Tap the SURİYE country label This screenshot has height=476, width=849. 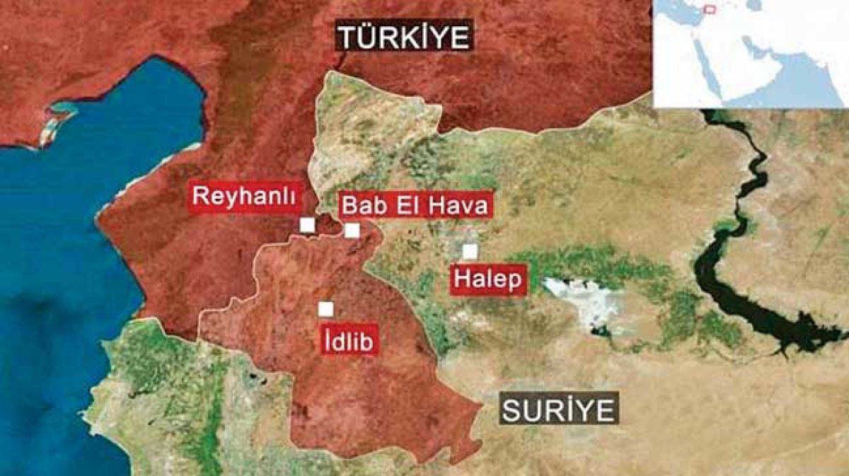pyautogui.click(x=559, y=409)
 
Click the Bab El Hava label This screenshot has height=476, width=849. pyautogui.click(x=415, y=207)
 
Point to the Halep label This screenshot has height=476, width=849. pyautogui.click(x=489, y=279)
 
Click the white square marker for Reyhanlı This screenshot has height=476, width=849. pyautogui.click(x=307, y=225)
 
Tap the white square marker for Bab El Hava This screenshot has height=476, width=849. pyautogui.click(x=352, y=231)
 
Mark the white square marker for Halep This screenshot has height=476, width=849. pyautogui.click(x=469, y=251)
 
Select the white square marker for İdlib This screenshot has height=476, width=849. pyautogui.click(x=325, y=309)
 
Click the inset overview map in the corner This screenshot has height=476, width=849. pyautogui.click(x=750, y=53)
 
